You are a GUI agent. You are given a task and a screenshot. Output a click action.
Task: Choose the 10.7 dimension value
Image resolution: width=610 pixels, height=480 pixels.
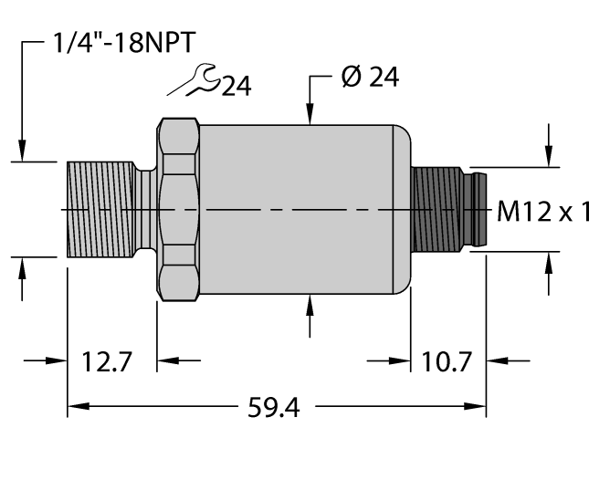point(447,361)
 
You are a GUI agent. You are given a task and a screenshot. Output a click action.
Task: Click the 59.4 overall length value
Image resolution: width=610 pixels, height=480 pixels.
point(275,406)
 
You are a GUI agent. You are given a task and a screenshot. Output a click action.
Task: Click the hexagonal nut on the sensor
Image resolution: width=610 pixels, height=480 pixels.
point(179,210)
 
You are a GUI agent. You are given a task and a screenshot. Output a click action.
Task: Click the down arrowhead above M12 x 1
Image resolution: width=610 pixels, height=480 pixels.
point(549,159)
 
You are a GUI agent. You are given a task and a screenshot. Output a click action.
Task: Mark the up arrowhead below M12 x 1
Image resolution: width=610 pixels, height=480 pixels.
point(549,262)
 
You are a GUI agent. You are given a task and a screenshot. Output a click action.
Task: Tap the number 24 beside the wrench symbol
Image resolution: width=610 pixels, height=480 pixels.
point(237,86)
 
